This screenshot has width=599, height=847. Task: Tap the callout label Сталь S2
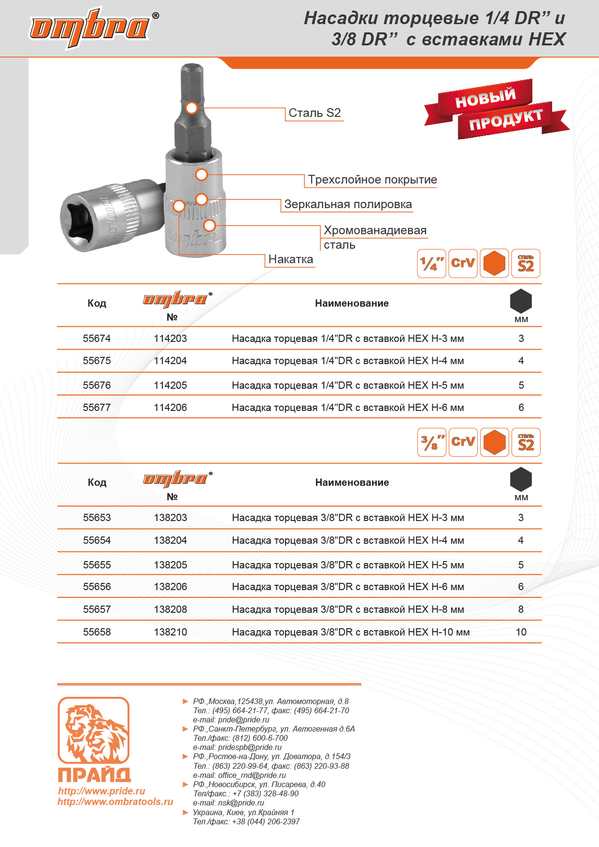(314, 113)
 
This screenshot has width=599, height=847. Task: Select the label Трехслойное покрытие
(372, 180)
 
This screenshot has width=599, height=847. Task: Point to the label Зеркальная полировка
(348, 204)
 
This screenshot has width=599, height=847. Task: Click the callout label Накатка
(290, 259)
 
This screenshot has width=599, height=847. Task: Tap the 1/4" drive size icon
(431, 264)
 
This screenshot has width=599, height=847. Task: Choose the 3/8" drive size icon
(431, 442)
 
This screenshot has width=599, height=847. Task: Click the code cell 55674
(97, 339)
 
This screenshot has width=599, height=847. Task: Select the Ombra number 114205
(170, 385)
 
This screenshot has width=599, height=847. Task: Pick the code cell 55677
(97, 408)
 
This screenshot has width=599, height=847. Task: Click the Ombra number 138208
(170, 609)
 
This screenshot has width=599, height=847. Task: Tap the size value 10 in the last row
(521, 632)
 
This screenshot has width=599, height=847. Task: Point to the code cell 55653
(97, 518)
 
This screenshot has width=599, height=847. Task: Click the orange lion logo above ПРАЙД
(94, 730)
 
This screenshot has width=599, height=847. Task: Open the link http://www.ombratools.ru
(115, 802)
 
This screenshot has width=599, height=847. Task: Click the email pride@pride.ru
(243, 720)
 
